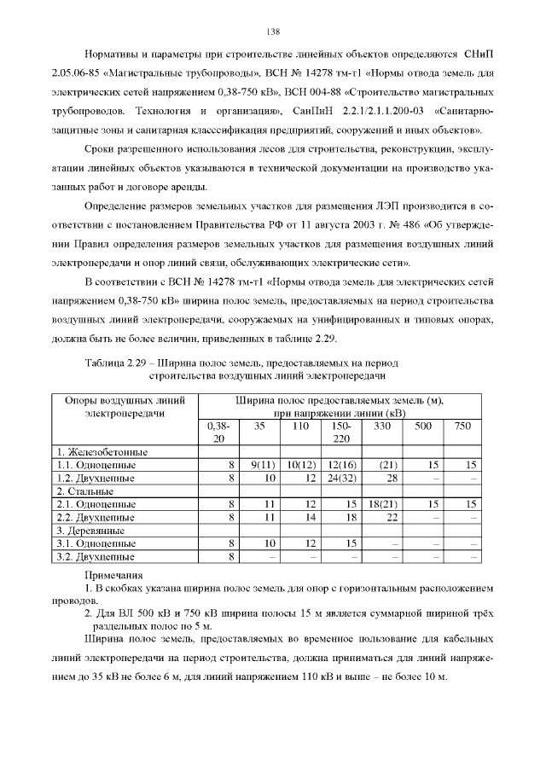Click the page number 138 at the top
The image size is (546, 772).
click(x=273, y=32)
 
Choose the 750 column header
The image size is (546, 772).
click(x=462, y=425)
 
